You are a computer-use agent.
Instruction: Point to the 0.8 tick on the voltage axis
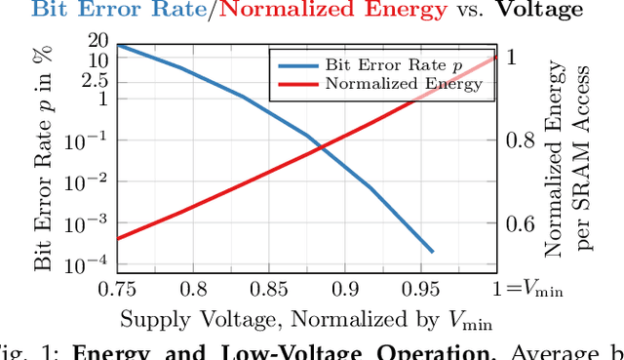click(195, 289)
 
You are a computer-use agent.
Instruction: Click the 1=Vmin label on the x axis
click(527, 289)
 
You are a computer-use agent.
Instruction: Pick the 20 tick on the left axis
click(97, 40)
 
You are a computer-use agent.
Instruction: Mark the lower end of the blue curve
click(433, 252)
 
